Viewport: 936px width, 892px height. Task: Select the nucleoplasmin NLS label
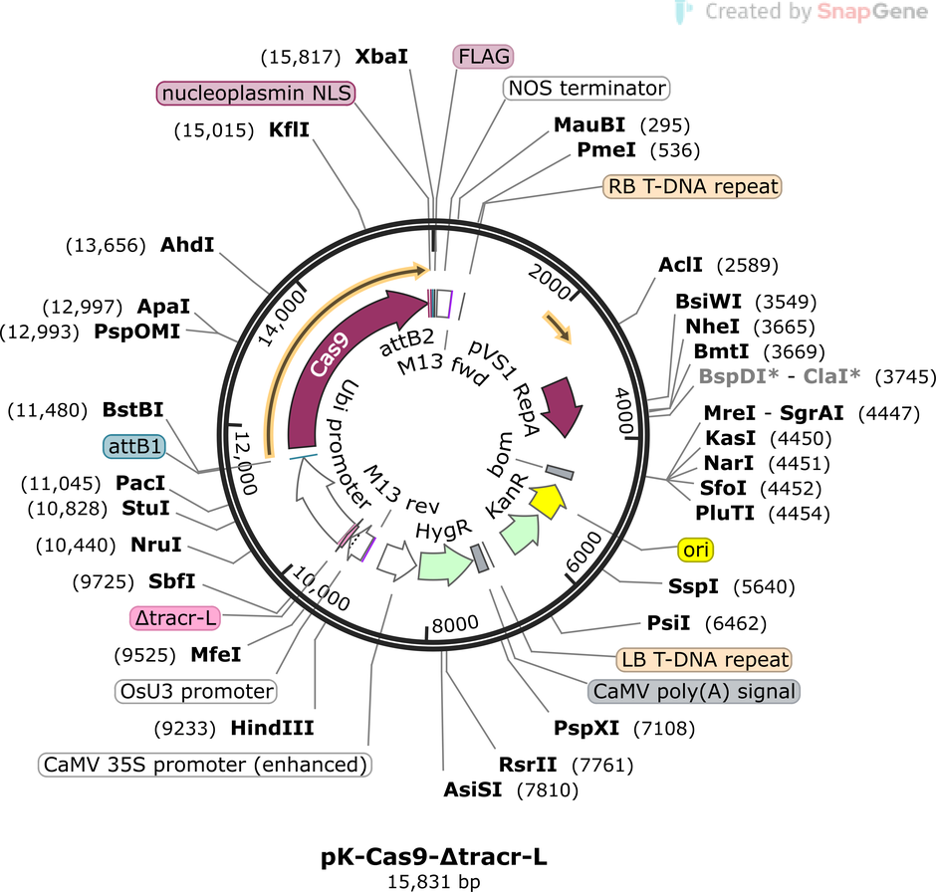tap(256, 93)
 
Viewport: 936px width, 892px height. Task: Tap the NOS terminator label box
tap(586, 89)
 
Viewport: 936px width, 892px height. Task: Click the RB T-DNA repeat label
tap(692, 187)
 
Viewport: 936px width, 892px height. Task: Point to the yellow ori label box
tap(695, 550)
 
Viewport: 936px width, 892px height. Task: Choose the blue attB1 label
tap(134, 446)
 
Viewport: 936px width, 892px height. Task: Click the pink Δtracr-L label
tap(175, 618)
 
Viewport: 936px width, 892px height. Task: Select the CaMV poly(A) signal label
tap(694, 692)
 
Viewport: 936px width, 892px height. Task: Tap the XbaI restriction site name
tap(381, 57)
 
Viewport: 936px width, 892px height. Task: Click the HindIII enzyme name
tap(272, 728)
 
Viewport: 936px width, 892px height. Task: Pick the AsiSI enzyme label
tap(473, 790)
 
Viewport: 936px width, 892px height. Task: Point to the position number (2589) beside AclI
tap(748, 265)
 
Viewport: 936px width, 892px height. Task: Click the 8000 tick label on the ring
tap(455, 624)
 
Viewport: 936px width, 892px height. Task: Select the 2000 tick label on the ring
tap(550, 282)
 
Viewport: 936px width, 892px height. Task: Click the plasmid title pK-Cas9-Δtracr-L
tap(434, 857)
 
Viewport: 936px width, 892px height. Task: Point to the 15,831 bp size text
tap(434, 882)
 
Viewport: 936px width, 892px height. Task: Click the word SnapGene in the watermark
tap(872, 11)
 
